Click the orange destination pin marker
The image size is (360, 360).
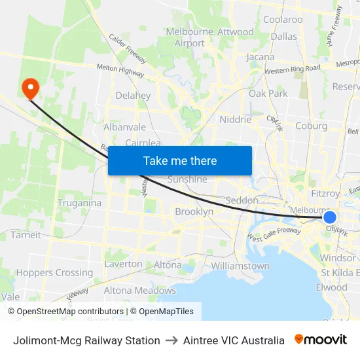click(x=30, y=88)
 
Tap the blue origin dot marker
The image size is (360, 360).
click(x=330, y=217)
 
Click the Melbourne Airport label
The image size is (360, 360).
click(x=189, y=37)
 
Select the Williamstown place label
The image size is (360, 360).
click(x=240, y=266)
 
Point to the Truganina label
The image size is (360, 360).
click(x=79, y=203)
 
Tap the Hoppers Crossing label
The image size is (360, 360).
click(x=55, y=273)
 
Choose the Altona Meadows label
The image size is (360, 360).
click(x=139, y=291)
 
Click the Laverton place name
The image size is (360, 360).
click(x=123, y=264)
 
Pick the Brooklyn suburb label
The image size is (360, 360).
click(x=194, y=212)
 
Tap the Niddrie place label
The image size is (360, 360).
click(x=236, y=120)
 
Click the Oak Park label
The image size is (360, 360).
click(x=268, y=94)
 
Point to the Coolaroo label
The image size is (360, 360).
click(x=283, y=20)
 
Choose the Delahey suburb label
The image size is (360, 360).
click(x=133, y=96)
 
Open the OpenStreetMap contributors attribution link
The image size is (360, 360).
click(x=66, y=312)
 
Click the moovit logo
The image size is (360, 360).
click(x=321, y=340)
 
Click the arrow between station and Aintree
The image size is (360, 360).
click(x=171, y=340)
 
